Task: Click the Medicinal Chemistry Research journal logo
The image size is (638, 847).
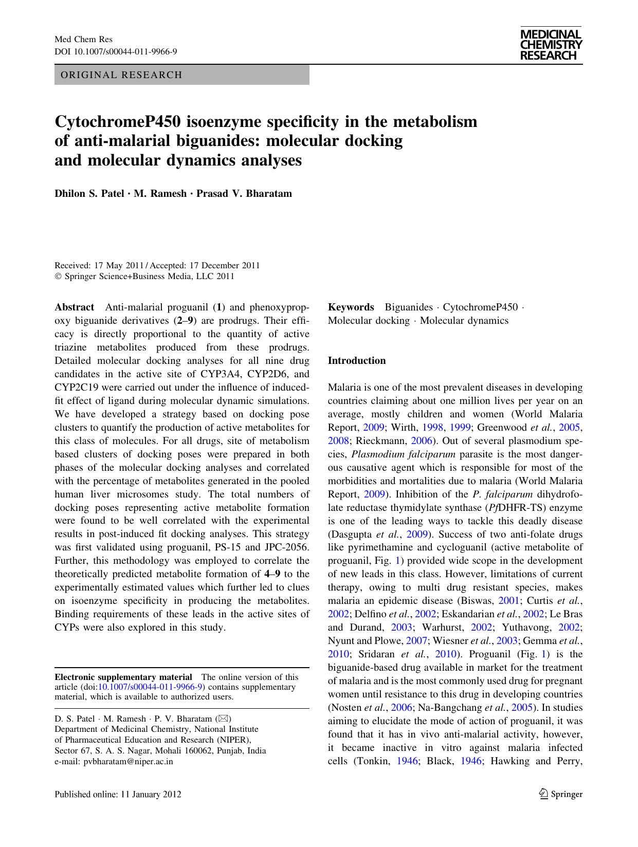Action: click(x=551, y=45)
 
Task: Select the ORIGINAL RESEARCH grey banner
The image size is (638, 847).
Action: click(x=181, y=75)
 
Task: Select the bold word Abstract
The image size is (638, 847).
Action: click(x=74, y=307)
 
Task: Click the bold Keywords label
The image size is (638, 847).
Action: click(x=351, y=307)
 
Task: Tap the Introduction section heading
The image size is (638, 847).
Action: click(x=357, y=361)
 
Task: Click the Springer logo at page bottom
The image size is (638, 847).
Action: click(x=560, y=794)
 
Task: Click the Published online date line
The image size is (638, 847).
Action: click(x=118, y=794)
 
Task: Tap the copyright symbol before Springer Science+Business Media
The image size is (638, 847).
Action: click(x=58, y=277)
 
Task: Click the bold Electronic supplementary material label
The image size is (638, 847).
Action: click(x=123, y=677)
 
